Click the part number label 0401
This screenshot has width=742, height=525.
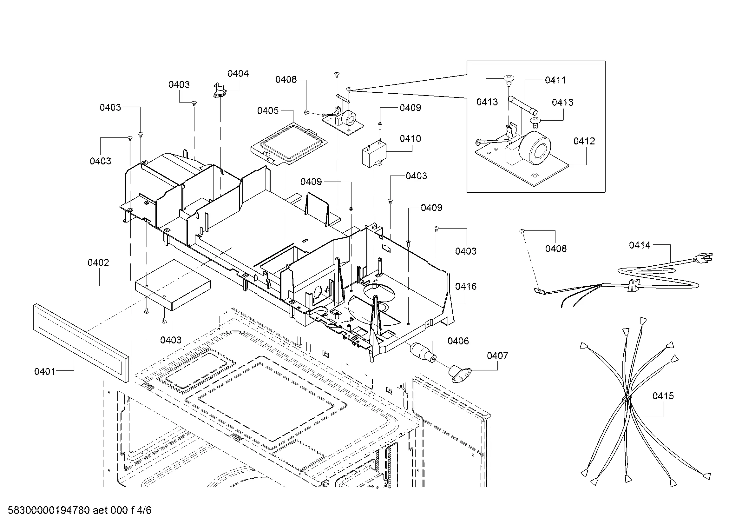coord(45,371)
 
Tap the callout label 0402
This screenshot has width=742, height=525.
coord(98,262)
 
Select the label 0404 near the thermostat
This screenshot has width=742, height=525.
coord(238,73)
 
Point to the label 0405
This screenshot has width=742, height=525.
coord(268,110)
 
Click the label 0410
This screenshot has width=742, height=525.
coord(410,138)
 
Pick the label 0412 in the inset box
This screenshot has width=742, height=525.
coord(584,141)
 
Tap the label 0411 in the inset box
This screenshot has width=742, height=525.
coord(555,80)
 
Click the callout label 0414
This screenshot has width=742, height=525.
coord(640,245)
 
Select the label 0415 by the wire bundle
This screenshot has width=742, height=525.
coord(663,396)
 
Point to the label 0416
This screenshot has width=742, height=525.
coord(466,286)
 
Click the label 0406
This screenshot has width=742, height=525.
coord(458,341)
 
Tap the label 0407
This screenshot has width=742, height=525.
coord(497,356)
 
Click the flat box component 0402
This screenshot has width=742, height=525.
coord(173,284)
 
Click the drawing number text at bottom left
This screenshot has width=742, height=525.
coord(80,510)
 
